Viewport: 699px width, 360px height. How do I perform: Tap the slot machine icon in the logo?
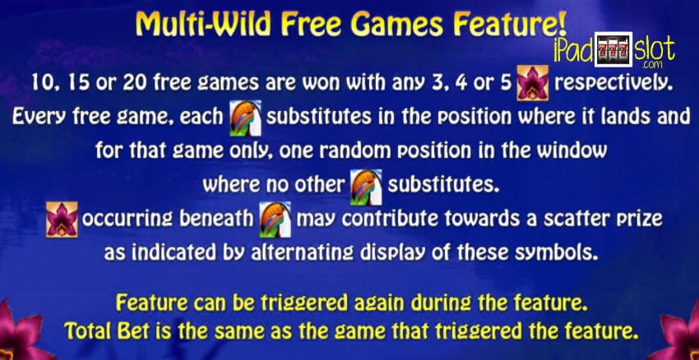pos(613,49)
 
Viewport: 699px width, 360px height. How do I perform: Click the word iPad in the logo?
pos(573,50)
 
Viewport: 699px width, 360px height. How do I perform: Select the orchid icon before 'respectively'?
pos(532,83)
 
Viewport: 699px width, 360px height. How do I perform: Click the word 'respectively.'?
pos(613,83)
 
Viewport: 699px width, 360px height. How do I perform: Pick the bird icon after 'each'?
pos(245,118)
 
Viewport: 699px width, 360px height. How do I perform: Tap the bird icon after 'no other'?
pos(366,187)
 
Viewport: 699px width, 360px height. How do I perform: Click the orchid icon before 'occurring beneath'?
pos(62,219)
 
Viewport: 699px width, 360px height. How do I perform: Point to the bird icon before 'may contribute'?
pos(275,219)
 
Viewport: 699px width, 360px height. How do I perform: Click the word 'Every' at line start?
pos(38,118)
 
